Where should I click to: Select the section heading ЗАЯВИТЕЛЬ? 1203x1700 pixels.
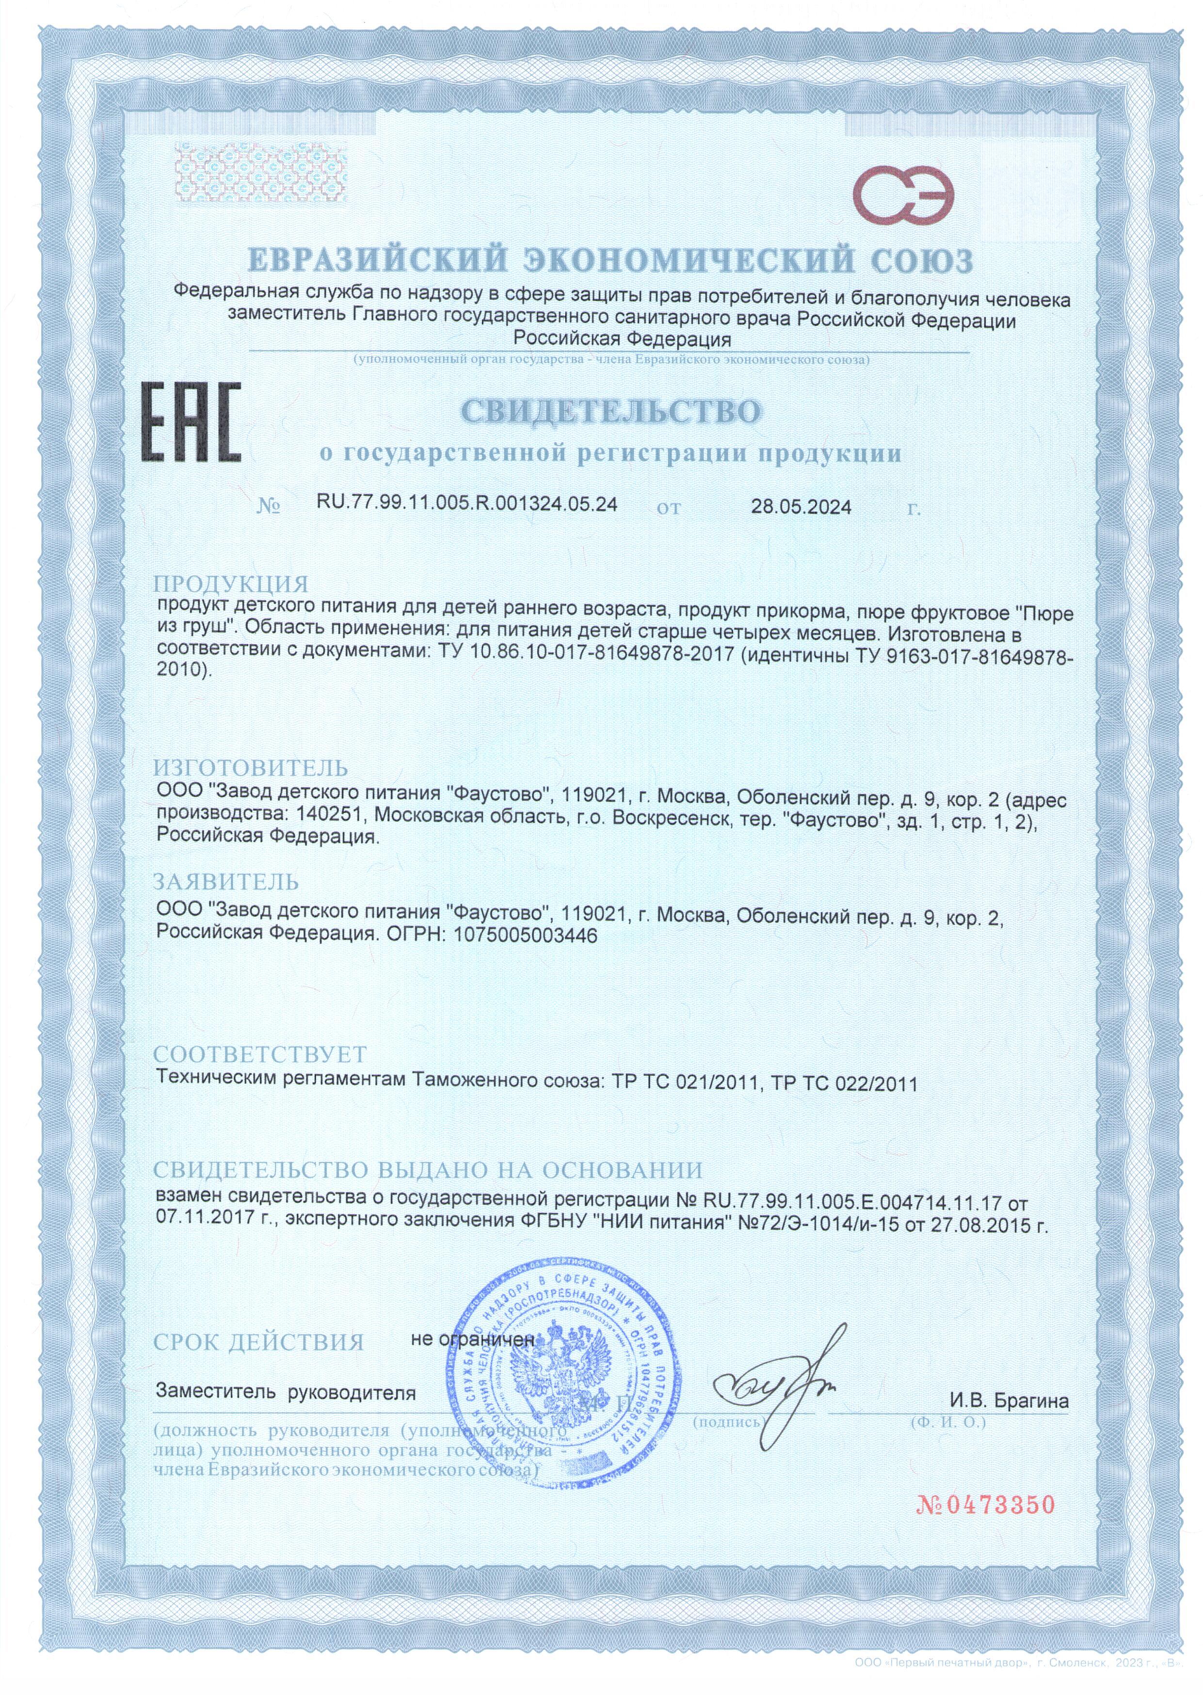click(226, 882)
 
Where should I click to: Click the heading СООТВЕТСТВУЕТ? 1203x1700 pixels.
click(260, 1054)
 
